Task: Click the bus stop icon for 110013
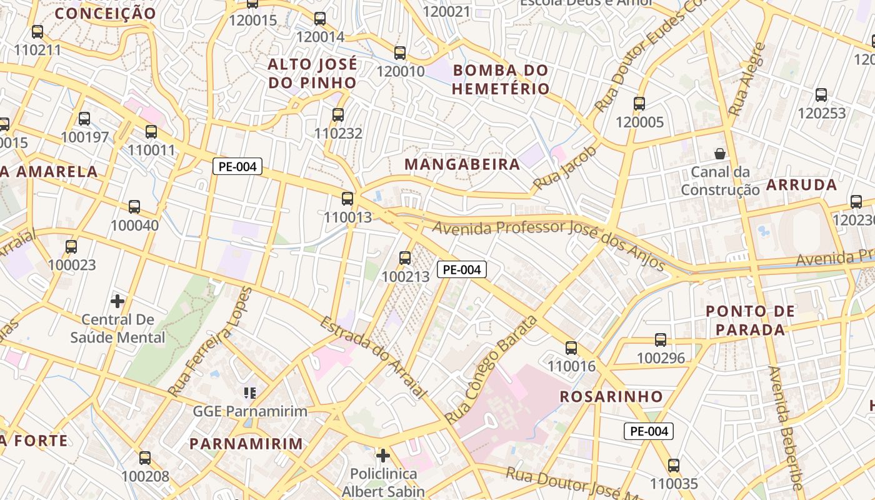[347, 199]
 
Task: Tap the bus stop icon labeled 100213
[405, 257]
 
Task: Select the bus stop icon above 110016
[571, 347]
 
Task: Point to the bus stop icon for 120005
[639, 103]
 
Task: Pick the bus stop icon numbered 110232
[338, 114]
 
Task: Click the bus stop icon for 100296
[661, 339]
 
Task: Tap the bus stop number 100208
[145, 476]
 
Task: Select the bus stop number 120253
[821, 113]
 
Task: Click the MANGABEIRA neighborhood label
[462, 164]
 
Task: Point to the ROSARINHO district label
[611, 396]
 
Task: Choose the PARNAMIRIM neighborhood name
[246, 444]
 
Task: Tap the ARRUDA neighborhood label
[801, 184]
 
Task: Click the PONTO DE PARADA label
[750, 320]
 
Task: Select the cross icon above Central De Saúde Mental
[117, 301]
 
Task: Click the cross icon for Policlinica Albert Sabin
[383, 455]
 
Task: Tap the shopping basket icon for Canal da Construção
[720, 153]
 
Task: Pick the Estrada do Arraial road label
[373, 357]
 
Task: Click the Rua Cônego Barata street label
[491, 370]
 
